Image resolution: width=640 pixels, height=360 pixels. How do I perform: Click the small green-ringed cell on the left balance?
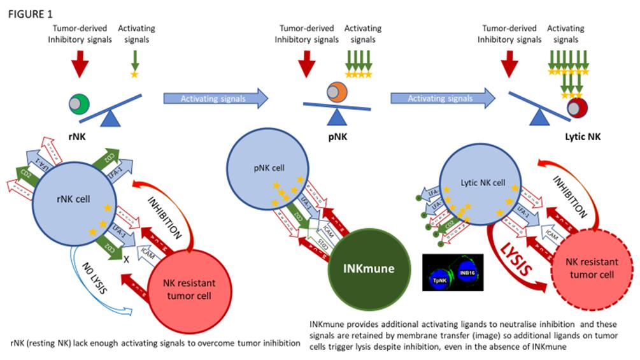tap(78, 103)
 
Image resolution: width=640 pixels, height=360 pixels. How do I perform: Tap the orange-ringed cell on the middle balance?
tap(336, 93)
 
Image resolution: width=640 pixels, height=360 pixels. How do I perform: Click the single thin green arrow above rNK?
tap(134, 61)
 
